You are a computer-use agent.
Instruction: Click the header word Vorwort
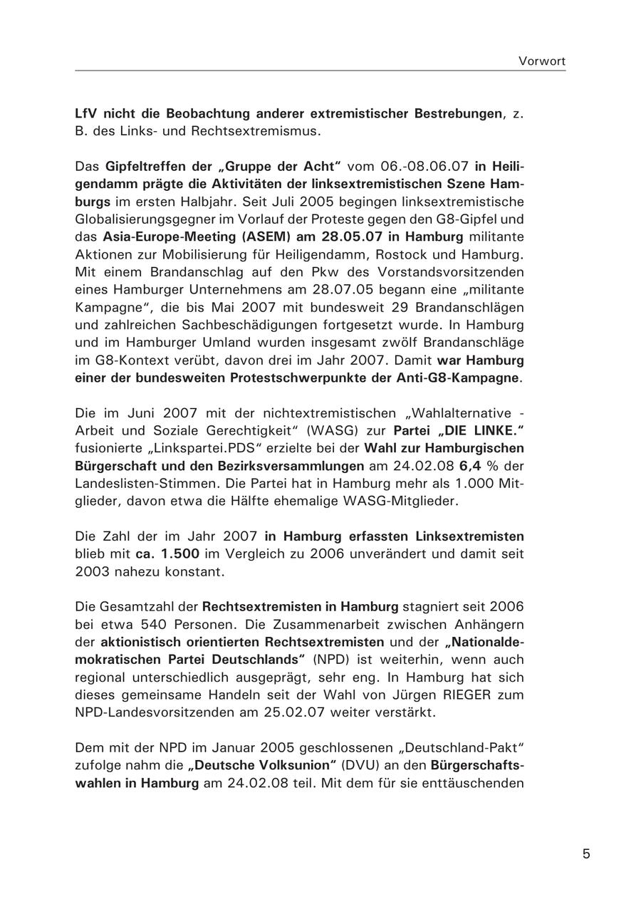(x=542, y=61)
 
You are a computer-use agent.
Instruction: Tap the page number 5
(x=586, y=854)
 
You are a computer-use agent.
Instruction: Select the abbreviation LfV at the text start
(x=85, y=114)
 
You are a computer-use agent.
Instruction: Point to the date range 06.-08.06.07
(x=423, y=166)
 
